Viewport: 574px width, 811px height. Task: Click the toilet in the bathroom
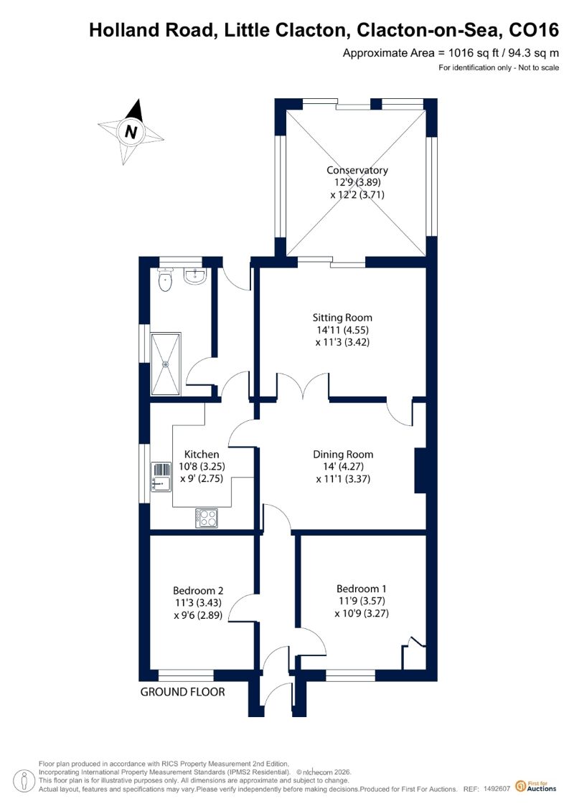pyautogui.click(x=165, y=280)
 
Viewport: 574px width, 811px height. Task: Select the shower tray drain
pyautogui.click(x=166, y=364)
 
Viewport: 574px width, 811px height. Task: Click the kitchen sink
pyautogui.click(x=161, y=476)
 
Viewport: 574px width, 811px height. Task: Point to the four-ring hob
pyautogui.click(x=207, y=518)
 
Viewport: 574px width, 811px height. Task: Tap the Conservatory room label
pyautogui.click(x=357, y=170)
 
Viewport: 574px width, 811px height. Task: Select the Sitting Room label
pyautogui.click(x=342, y=318)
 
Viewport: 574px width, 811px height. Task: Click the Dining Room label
pyautogui.click(x=343, y=454)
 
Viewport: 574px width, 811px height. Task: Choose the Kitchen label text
pyautogui.click(x=202, y=454)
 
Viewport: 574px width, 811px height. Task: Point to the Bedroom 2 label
pyautogui.click(x=198, y=591)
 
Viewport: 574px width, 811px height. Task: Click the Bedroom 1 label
pyautogui.click(x=362, y=589)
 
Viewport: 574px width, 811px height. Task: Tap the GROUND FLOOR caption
pyautogui.click(x=183, y=692)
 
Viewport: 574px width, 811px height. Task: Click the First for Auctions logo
pyautogui.click(x=536, y=787)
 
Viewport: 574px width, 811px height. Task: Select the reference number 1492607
pyautogui.click(x=497, y=789)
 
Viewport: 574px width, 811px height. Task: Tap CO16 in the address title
pyautogui.click(x=534, y=30)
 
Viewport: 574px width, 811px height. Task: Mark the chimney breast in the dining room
pyautogui.click(x=420, y=470)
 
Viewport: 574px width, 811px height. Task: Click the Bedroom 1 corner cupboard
pyautogui.click(x=414, y=654)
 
